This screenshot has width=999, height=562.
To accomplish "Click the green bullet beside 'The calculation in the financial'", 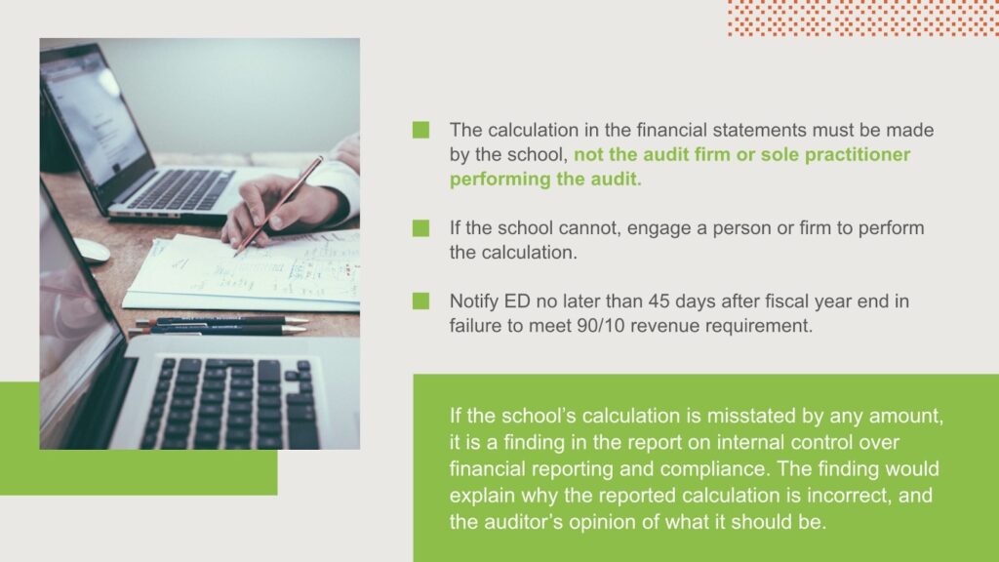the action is [x=420, y=130].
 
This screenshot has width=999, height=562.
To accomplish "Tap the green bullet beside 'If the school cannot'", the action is [x=420, y=228].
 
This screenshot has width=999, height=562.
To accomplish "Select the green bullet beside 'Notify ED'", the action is [x=420, y=301].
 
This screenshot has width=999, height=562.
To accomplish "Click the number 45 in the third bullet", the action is [x=659, y=301].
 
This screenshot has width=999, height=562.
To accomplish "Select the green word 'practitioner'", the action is [x=858, y=155].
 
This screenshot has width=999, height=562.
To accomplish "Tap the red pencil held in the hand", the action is [x=278, y=206].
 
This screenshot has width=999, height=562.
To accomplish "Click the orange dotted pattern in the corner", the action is [x=863, y=18].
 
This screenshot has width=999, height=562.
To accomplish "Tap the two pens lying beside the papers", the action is [x=220, y=325].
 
